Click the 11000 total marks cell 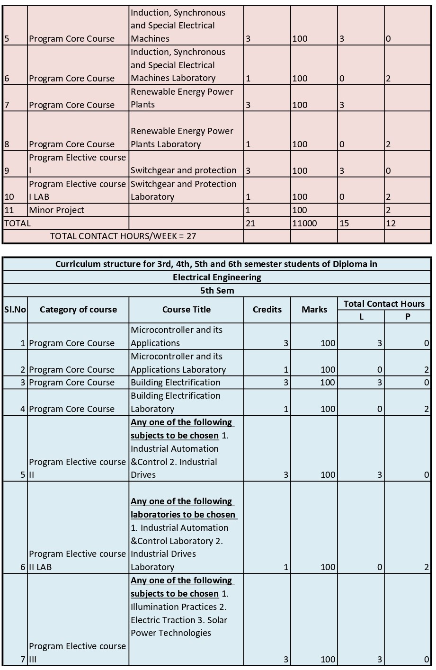(x=304, y=223)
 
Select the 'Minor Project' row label (x=56, y=210)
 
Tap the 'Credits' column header (x=267, y=310)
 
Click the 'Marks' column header (x=314, y=310)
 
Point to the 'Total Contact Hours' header (x=384, y=304)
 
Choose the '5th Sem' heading (x=217, y=290)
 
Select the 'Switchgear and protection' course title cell (x=184, y=170)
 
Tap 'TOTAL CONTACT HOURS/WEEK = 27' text (x=123, y=236)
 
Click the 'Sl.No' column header (x=15, y=310)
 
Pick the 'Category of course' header (x=78, y=310)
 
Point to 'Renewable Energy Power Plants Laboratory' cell (x=182, y=137)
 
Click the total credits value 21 (x=250, y=223)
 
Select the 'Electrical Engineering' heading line (x=217, y=277)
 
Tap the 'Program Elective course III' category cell (x=77, y=652)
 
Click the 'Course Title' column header (x=187, y=310)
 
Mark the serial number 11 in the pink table (x=9, y=210)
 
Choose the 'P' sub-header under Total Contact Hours (x=408, y=317)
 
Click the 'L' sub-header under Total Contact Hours (x=361, y=317)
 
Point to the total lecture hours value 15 (x=344, y=223)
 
